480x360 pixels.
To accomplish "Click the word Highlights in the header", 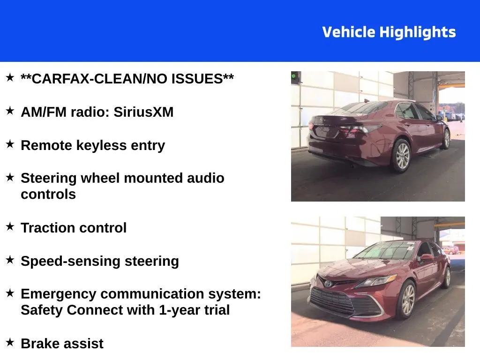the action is click(x=418, y=33).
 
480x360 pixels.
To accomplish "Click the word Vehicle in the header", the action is click(x=349, y=32).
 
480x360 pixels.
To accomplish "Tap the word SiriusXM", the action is click(x=143, y=112).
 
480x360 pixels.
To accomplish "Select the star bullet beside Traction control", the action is click(x=10, y=226).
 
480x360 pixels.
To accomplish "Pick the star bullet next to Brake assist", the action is click(x=10, y=342).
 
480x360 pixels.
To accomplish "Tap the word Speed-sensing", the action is click(x=70, y=262).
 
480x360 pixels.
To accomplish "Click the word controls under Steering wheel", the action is click(x=48, y=195).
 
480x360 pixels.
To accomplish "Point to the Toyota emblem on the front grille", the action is click(x=328, y=283).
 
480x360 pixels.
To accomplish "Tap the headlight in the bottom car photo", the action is click(x=376, y=281).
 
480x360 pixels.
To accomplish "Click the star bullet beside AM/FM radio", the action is click(x=10, y=111).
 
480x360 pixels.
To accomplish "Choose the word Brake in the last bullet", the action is click(x=41, y=344).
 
